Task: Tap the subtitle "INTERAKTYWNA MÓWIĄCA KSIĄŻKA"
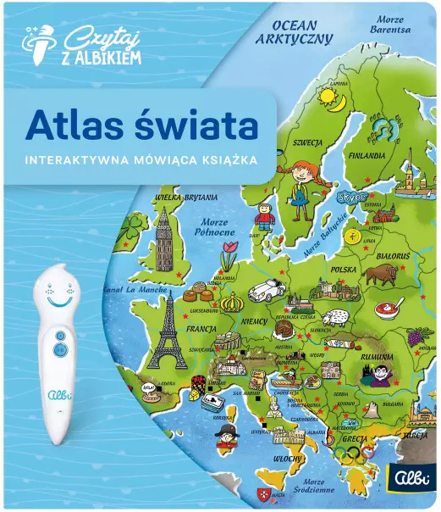pos(141,159)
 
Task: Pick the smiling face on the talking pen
pos(57,298)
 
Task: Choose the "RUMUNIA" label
pos(378,358)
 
